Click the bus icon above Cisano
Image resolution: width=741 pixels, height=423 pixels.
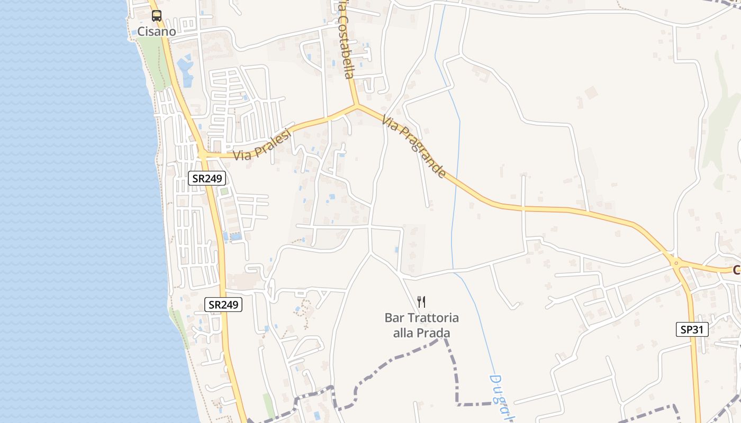coord(157,16)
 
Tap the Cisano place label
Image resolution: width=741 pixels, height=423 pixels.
coord(157,31)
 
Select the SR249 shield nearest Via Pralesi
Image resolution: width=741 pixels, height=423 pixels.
coord(207,178)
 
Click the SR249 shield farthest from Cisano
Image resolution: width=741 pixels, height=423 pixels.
coord(223,305)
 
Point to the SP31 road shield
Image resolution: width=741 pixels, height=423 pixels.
coord(692,329)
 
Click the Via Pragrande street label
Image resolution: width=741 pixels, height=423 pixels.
coord(413,148)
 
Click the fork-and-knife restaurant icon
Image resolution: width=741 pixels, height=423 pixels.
coord(421,302)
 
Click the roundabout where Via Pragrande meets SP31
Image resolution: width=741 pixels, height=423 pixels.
coord(675,262)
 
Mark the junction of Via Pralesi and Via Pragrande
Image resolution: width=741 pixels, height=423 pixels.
coord(357,106)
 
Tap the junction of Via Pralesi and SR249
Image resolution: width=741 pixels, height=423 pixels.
coord(202,155)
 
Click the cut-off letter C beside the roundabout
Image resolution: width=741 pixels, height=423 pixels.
coord(736,270)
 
